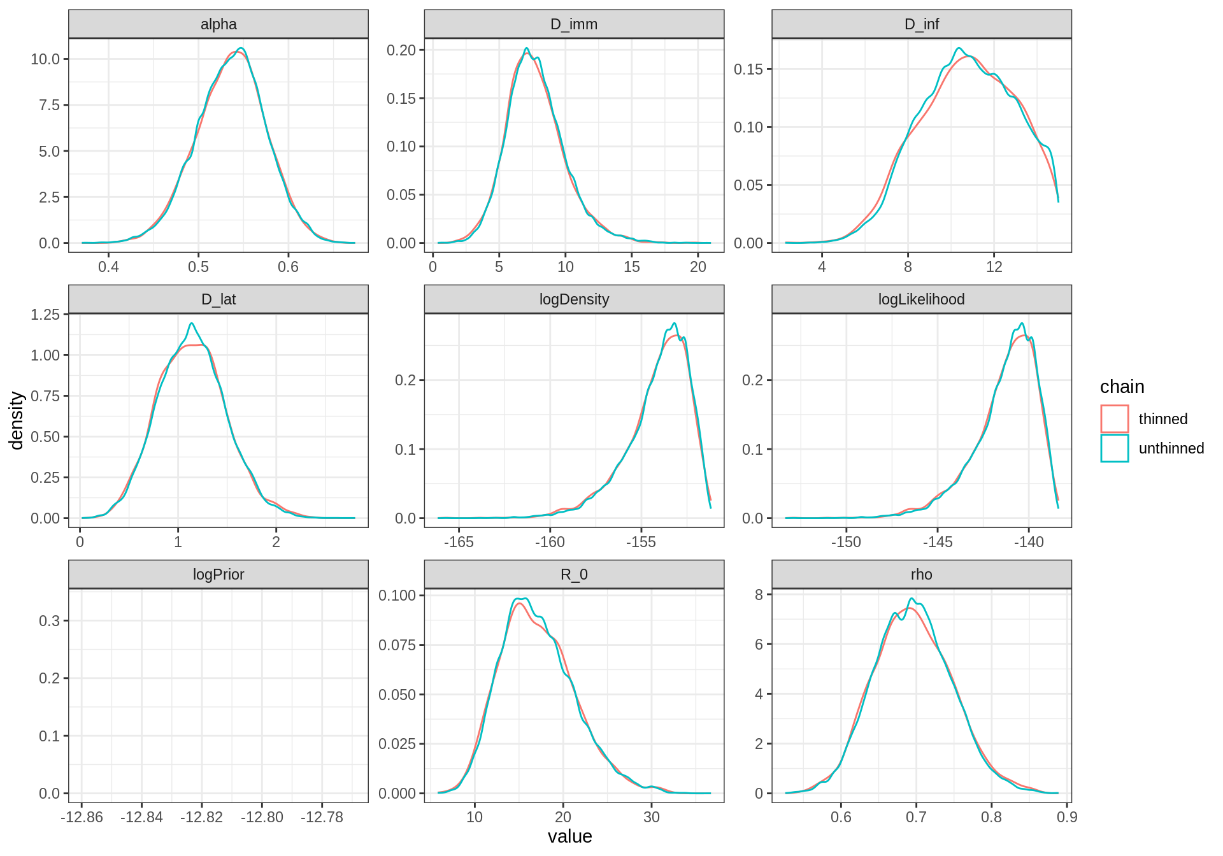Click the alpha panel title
[218, 24]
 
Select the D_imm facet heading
[574, 24]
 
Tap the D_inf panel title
[921, 24]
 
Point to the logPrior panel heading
[218, 574]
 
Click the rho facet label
[921, 574]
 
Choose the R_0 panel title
[574, 574]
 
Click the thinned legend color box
[1114, 419]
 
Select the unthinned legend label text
[1171, 448]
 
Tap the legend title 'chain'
[1122, 387]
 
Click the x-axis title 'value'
[569, 836]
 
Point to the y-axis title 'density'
[17, 420]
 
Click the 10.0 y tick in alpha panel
[45, 59]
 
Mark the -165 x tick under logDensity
[459, 542]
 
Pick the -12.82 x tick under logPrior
[202, 817]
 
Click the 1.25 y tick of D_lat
[45, 315]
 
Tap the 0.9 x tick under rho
[1067, 817]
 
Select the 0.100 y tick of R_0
[397, 596]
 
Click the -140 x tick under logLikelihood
[1029, 542]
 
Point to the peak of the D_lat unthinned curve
[191, 324]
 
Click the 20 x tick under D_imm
[698, 267]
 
